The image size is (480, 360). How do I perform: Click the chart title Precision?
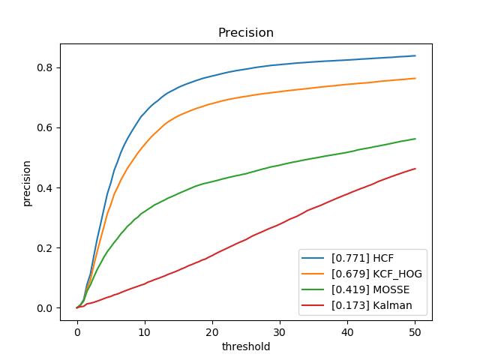pyautogui.click(x=245, y=33)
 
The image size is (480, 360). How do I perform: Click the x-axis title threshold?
pyautogui.click(x=245, y=347)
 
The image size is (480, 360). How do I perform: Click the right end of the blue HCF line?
pyautogui.click(x=415, y=55)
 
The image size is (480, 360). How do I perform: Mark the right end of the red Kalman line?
pyautogui.click(x=415, y=169)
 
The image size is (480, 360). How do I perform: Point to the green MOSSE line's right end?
pyautogui.click(x=415, y=139)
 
